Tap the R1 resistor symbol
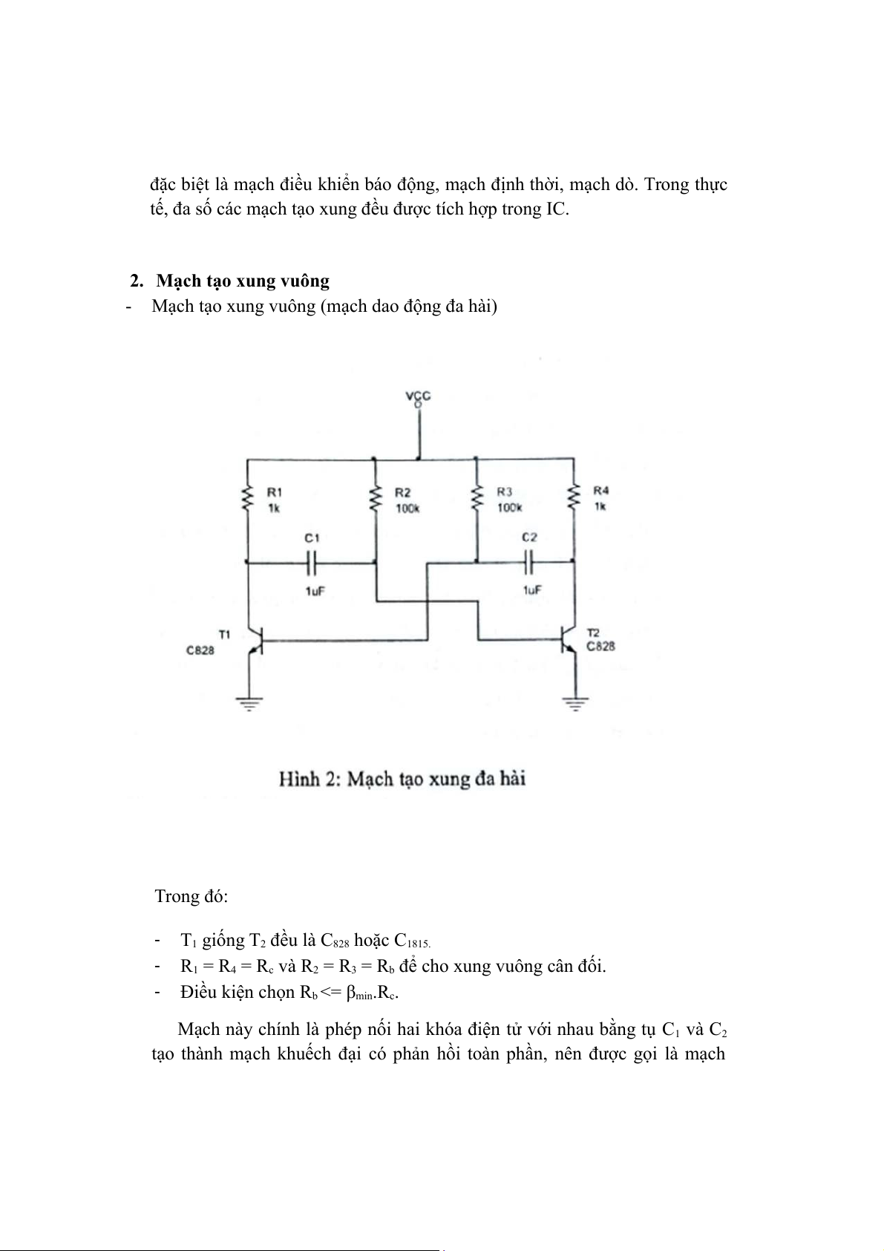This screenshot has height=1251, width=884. click(x=247, y=497)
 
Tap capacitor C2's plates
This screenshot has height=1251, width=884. click(x=528, y=562)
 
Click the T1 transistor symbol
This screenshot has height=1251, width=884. click(x=255, y=641)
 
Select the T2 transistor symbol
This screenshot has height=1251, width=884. click(x=569, y=640)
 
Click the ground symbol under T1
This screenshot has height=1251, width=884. click(x=249, y=703)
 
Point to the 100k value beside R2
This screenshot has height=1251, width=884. click(x=407, y=509)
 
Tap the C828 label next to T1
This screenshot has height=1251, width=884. click(x=200, y=650)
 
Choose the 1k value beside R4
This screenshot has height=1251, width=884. click(x=600, y=506)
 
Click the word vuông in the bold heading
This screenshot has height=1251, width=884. click(x=305, y=281)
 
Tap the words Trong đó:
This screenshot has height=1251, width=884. click(x=191, y=896)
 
